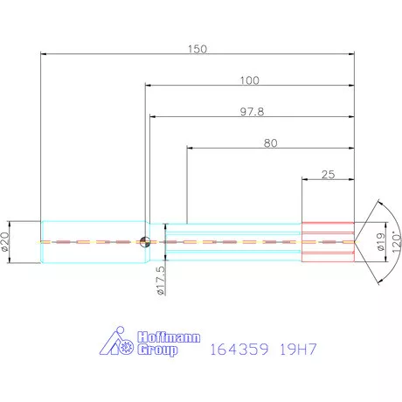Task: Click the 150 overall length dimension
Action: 198,49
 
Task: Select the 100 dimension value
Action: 249,80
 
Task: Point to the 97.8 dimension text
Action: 252,112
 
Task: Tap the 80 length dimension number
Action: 270,143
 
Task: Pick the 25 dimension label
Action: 328,175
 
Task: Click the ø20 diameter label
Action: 5,242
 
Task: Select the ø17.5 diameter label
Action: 161,281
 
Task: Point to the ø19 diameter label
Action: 380,242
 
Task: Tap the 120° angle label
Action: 397,242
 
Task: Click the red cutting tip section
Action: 328,242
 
